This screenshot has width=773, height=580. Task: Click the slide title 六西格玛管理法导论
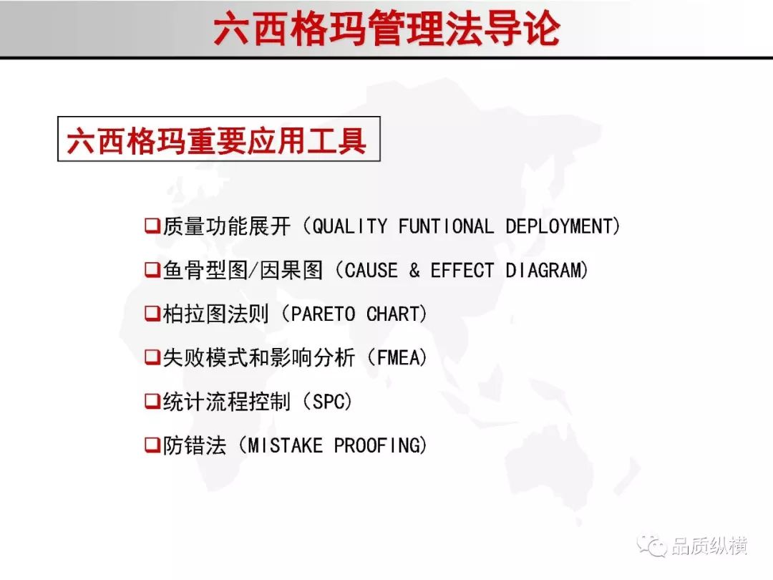tap(387, 29)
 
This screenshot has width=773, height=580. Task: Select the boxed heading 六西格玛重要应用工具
tap(217, 140)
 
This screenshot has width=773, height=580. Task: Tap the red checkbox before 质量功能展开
tap(152, 226)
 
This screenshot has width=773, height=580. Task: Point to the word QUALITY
tap(351, 226)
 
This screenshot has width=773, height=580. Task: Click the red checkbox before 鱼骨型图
tap(152, 270)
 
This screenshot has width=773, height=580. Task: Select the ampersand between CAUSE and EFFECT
tap(414, 270)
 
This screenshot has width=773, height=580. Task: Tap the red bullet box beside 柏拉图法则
tap(152, 313)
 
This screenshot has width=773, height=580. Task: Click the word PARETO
tap(323, 314)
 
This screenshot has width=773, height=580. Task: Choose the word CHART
tap(393, 314)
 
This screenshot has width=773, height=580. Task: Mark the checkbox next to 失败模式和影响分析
tap(152, 357)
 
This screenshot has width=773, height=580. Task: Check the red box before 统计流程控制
tap(152, 401)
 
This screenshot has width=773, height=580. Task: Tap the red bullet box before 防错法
tap(152, 445)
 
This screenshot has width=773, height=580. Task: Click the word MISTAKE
tap(286, 446)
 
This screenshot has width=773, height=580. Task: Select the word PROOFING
tap(377, 446)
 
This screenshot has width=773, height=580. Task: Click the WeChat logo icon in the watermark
tap(652, 545)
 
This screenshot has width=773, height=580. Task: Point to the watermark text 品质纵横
tap(709, 546)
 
